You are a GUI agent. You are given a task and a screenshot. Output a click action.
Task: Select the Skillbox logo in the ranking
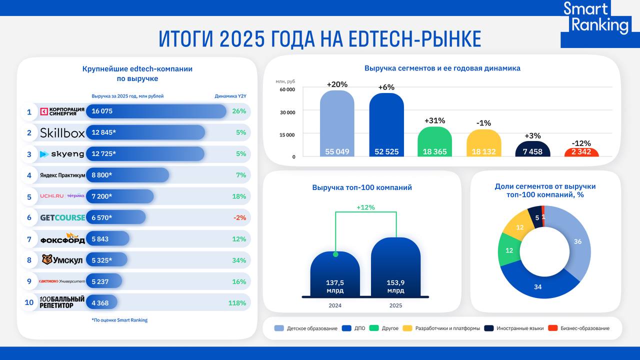[x=62, y=132]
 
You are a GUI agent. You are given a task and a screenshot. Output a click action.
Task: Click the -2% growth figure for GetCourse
[x=239, y=217]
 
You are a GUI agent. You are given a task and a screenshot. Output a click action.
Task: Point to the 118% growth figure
[x=237, y=303]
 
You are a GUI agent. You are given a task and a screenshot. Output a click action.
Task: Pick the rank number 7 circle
[x=29, y=239]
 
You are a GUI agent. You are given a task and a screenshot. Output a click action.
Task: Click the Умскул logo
[x=62, y=260]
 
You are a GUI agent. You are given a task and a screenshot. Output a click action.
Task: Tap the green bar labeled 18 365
[x=434, y=142]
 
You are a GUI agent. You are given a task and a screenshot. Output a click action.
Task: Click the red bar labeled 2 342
[x=581, y=152]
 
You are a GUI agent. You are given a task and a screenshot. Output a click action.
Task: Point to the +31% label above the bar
[x=434, y=120]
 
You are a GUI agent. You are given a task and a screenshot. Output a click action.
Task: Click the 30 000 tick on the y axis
[x=287, y=112]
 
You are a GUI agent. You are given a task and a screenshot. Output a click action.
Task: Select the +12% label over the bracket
[x=365, y=207]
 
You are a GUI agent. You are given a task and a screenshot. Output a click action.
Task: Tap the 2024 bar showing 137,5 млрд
[x=334, y=275]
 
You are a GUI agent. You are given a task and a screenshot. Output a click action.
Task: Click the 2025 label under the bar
[x=395, y=305]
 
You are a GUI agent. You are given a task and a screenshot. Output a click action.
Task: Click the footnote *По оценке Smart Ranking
[x=119, y=320]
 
